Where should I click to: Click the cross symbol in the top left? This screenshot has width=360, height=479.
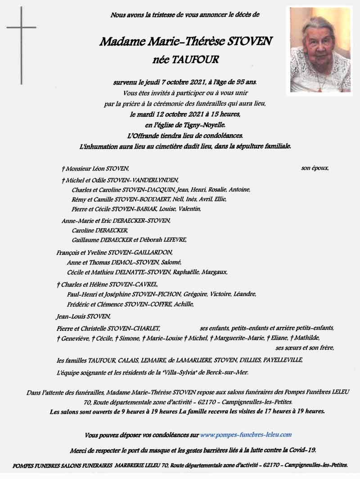[x=21, y=45]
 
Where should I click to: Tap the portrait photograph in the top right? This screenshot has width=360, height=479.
[x=320, y=50]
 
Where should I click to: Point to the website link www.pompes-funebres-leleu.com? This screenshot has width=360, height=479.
[x=246, y=435]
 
